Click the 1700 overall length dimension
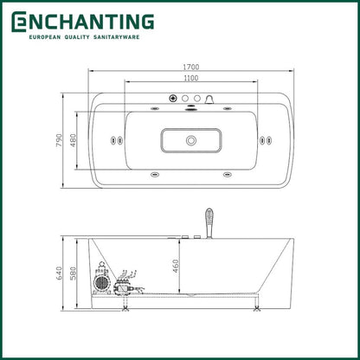(x=191, y=67)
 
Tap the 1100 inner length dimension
(x=191, y=78)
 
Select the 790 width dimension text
(x=59, y=140)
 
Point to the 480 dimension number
(x=73, y=140)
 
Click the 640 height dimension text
(x=59, y=273)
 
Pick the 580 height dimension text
(x=73, y=273)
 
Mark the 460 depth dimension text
(x=176, y=266)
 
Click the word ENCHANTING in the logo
(x=83, y=22)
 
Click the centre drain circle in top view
(x=190, y=141)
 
